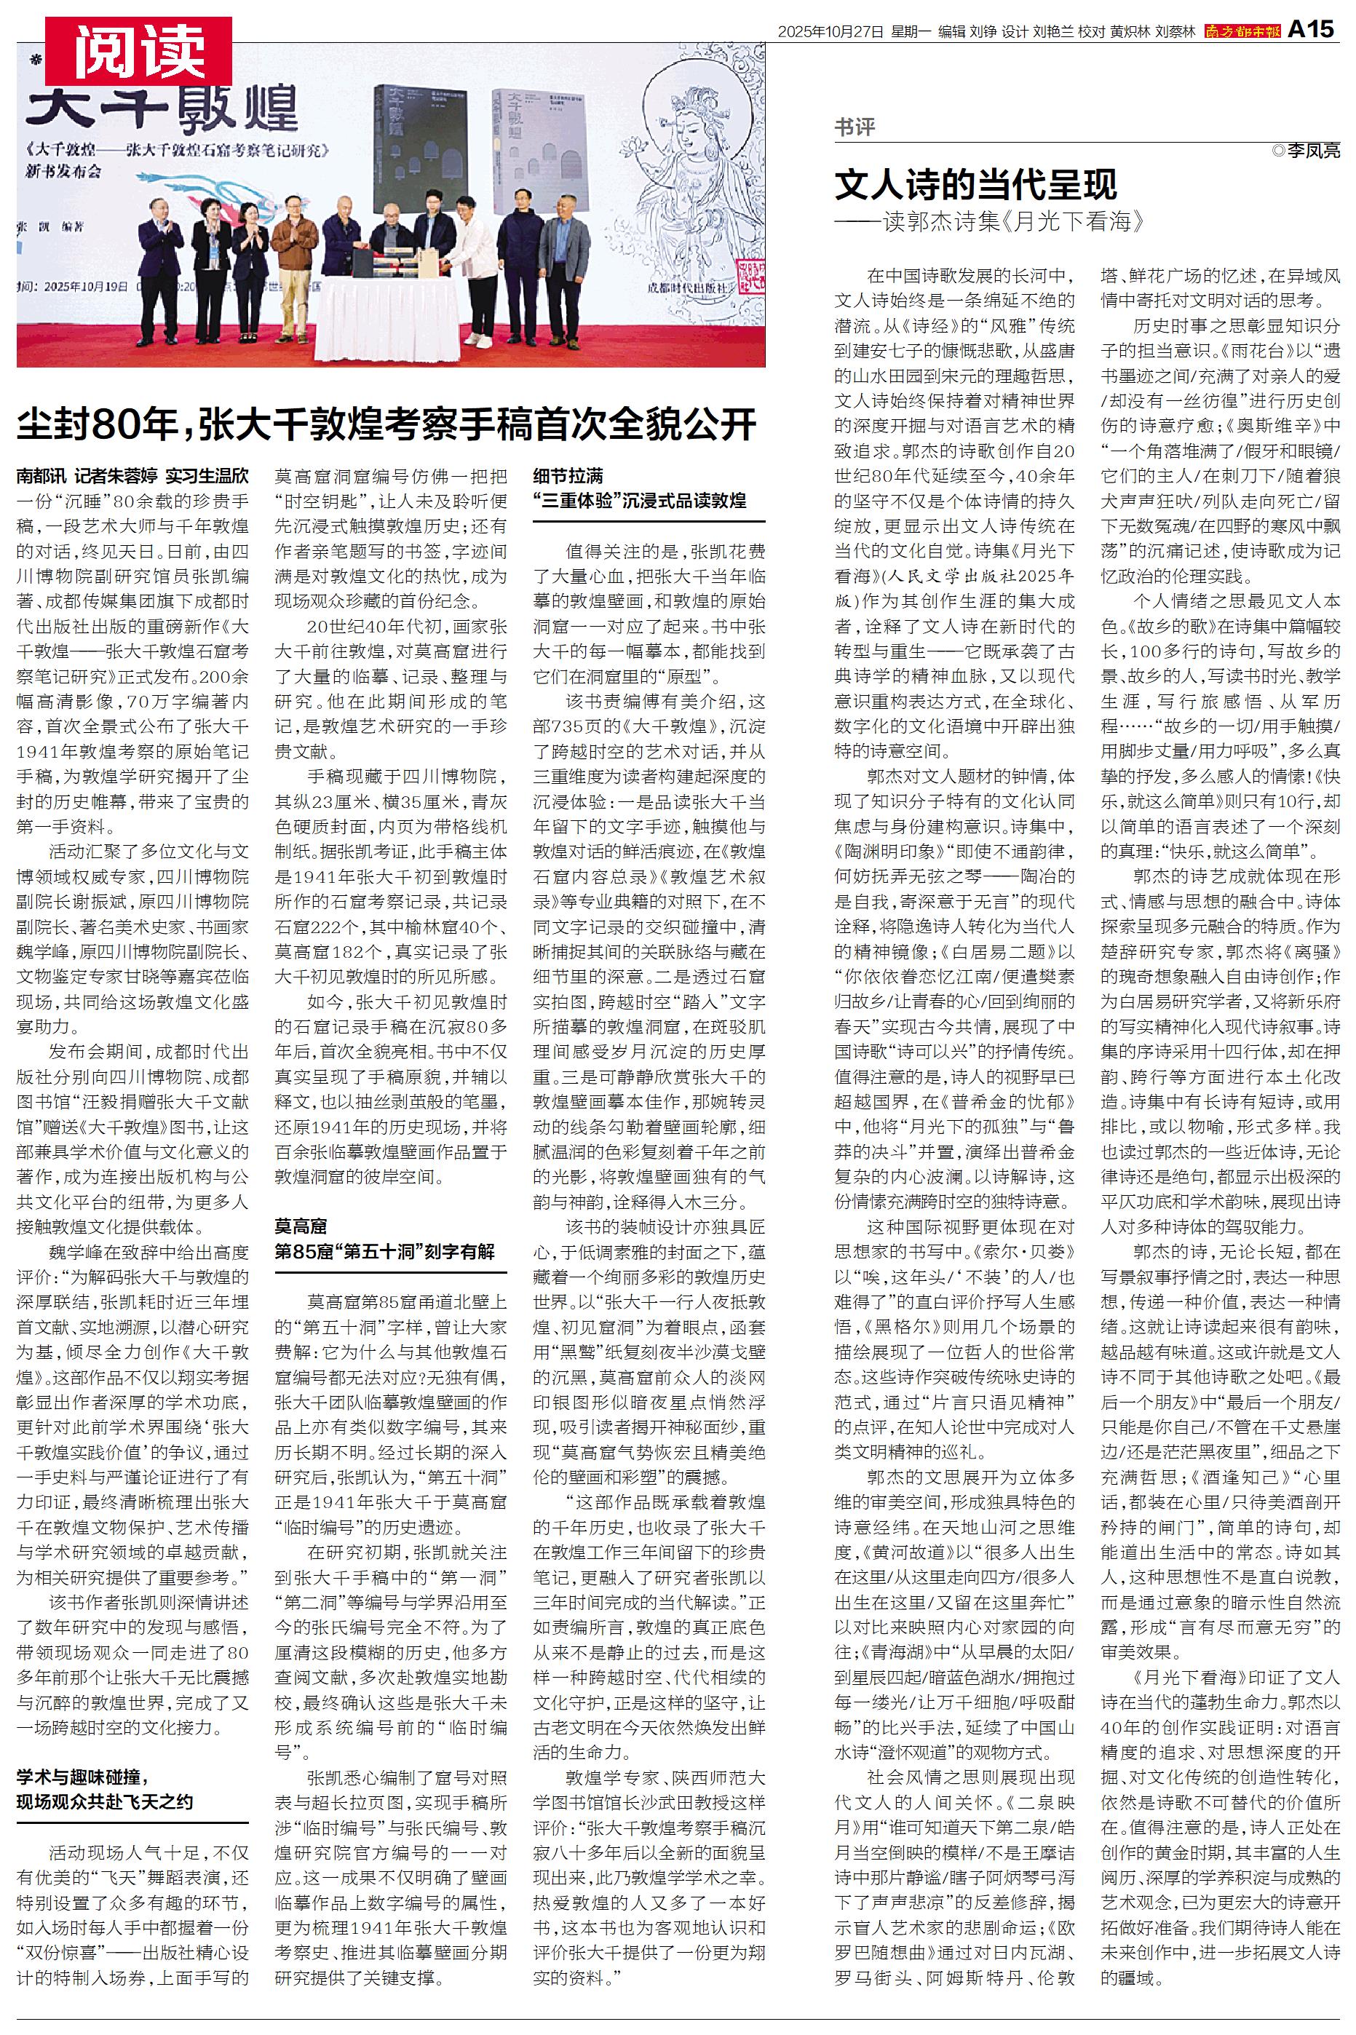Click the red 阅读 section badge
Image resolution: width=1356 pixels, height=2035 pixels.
click(x=138, y=49)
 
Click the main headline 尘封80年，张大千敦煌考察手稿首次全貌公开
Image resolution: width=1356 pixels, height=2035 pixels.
click(x=386, y=424)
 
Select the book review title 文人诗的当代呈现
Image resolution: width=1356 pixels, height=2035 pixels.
click(x=975, y=184)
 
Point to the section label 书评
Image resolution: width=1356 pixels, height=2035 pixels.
click(x=855, y=128)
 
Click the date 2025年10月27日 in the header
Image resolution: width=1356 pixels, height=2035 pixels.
click(x=830, y=31)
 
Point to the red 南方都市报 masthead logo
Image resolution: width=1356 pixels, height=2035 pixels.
click(x=1242, y=31)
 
